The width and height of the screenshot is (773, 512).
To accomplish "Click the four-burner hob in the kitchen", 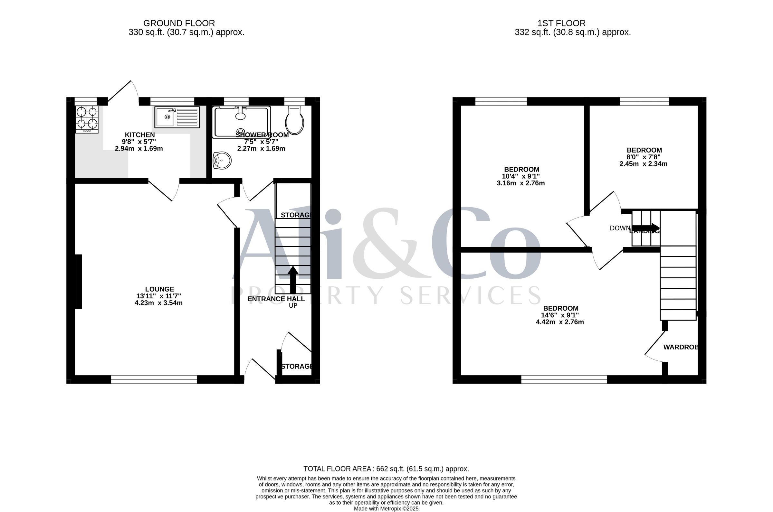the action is coord(87,119).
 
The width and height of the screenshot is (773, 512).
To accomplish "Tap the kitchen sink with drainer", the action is coord(177,117).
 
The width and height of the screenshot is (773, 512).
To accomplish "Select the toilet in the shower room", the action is coord(295,120).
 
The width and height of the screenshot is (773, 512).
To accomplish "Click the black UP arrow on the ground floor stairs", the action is coord(293,280).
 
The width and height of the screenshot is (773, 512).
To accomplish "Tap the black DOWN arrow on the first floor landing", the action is coord(646,228).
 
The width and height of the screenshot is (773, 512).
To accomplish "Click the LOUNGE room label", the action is coord(160,289).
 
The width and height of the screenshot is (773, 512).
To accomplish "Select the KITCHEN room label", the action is coord(140,135).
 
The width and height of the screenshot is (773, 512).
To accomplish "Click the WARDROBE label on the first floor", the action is coord(681,347).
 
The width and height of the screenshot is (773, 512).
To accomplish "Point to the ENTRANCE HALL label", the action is coord(276,299).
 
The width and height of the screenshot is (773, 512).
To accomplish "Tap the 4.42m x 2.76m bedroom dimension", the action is coord(560,322).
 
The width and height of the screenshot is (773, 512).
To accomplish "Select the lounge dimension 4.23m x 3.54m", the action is coord(159,303).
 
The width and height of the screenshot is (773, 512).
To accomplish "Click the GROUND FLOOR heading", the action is coord(179,23).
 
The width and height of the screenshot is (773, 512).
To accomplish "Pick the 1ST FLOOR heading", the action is coord(562,23).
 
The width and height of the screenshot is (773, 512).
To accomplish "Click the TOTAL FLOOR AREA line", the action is coord(386,469).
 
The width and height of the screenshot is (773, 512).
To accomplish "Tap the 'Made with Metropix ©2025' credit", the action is coord(386,509).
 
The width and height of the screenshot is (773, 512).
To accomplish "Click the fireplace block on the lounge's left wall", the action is coord(78,282).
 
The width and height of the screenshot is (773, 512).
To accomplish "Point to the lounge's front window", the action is coord(154,379).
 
